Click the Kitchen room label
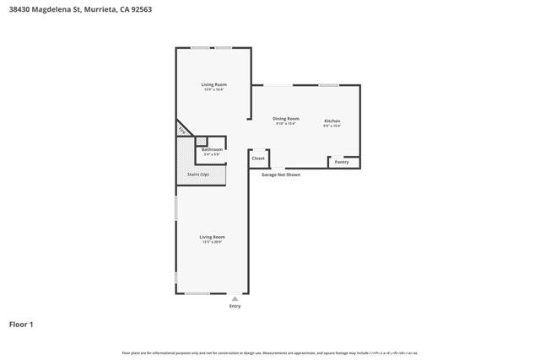[332, 121]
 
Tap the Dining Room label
[286, 119]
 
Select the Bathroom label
[212, 149]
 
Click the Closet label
[258, 159]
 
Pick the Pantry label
[342, 162]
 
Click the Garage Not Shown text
[280, 175]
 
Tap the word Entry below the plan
[235, 306]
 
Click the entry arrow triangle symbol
[235, 298]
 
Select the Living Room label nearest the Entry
[212, 237]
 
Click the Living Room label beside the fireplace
[213, 84]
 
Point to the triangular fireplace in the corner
[181, 130]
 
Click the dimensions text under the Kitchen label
[332, 126]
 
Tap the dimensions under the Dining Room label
[286, 124]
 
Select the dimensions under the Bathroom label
[212, 154]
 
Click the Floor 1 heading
[21, 324]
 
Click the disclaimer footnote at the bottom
[270, 352]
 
